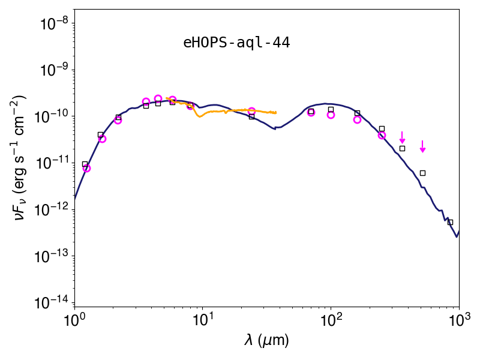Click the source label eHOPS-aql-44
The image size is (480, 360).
click(x=236, y=43)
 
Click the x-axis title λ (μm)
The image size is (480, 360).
click(x=266, y=340)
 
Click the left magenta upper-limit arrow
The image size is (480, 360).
click(x=402, y=137)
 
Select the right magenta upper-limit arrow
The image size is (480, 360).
click(x=422, y=146)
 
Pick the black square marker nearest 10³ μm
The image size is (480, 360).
click(x=450, y=222)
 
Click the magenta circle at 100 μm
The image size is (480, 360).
click(x=331, y=115)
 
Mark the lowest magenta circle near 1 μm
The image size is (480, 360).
click(x=86, y=168)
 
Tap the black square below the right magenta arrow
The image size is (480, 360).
click(x=422, y=173)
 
